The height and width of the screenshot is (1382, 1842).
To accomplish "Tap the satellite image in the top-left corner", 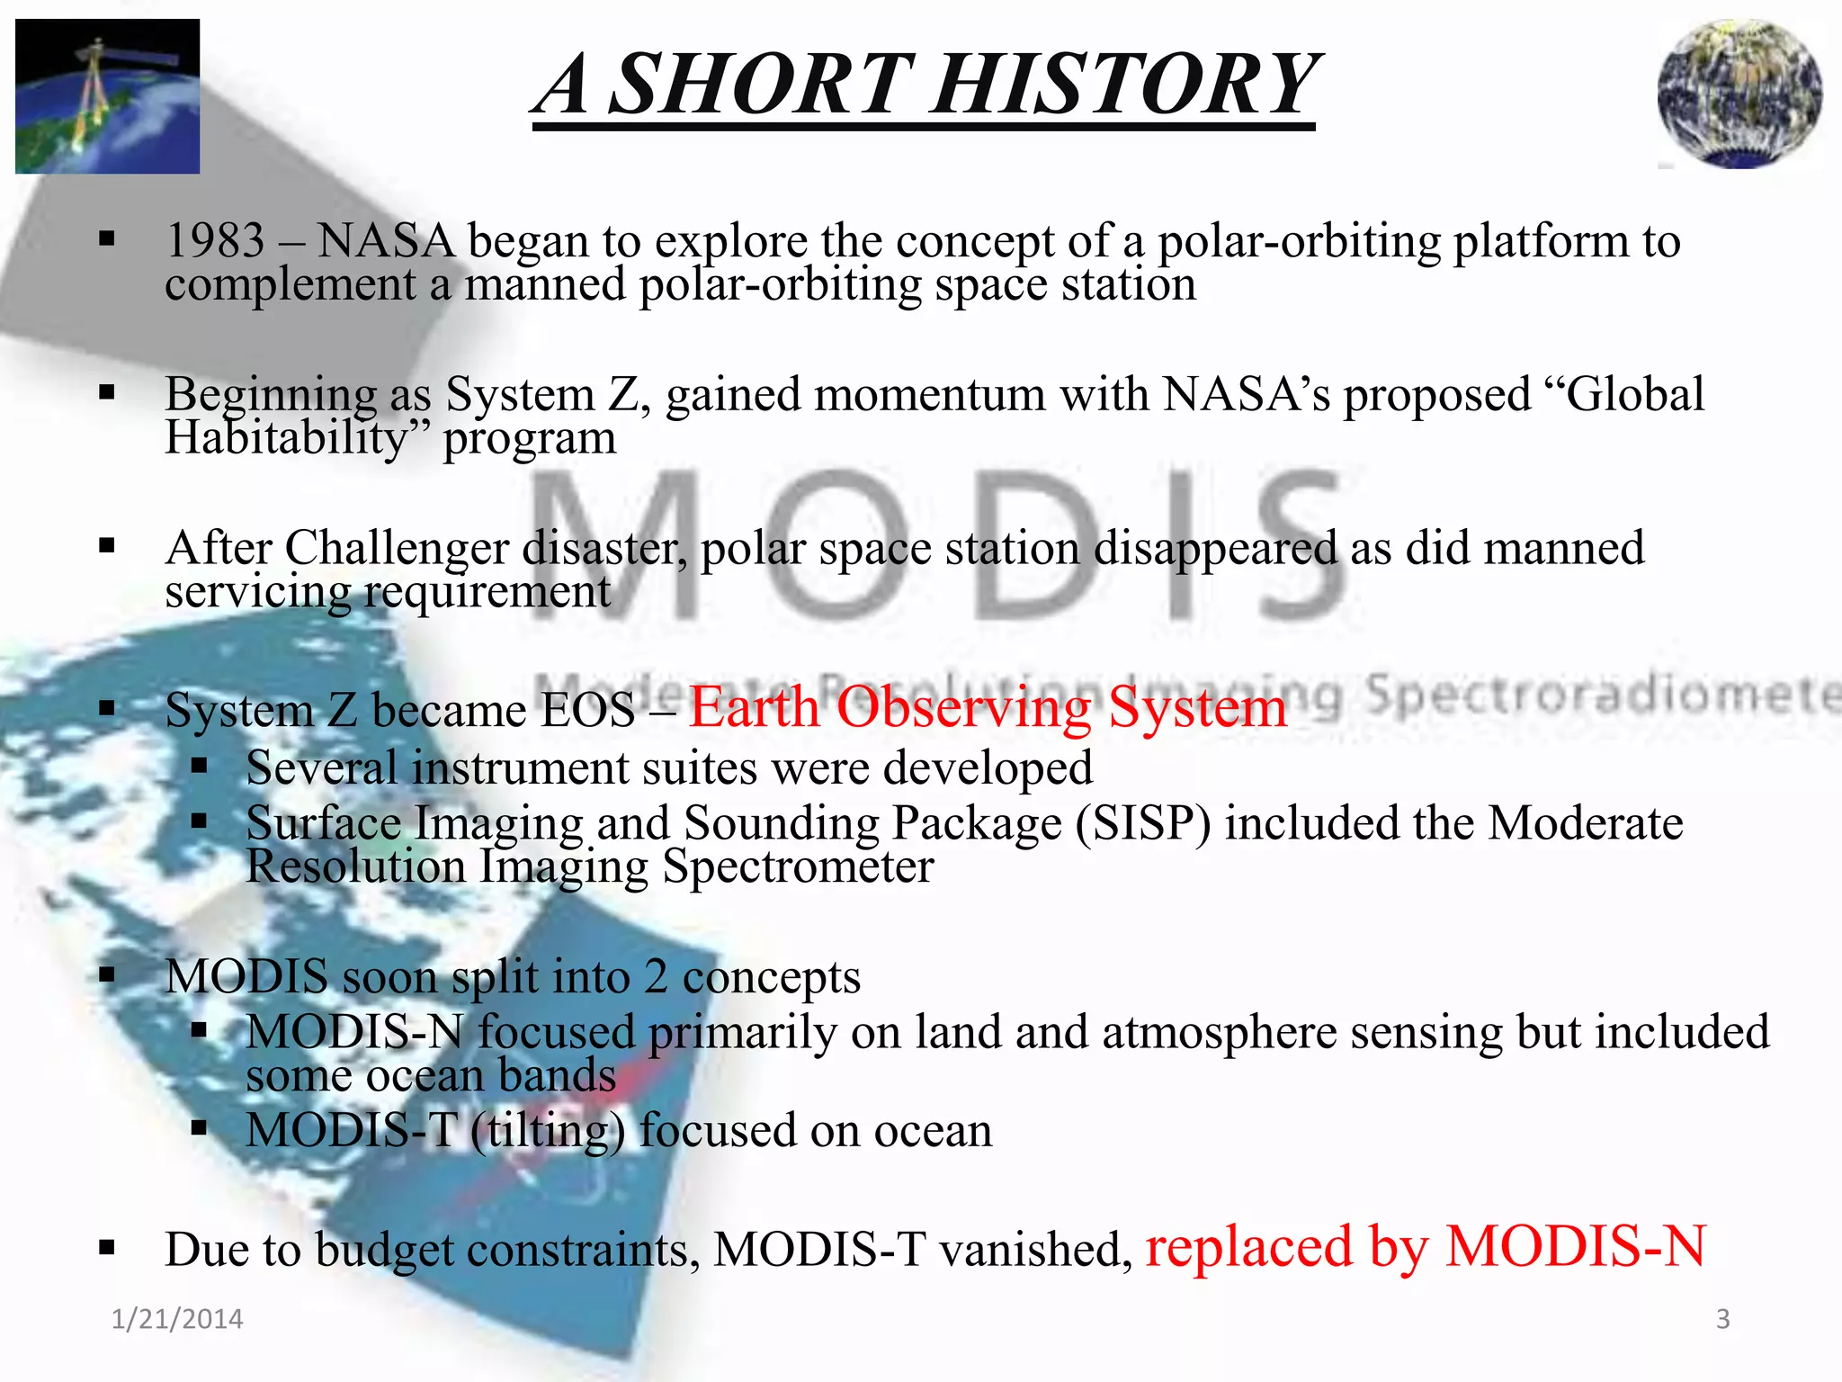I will [107, 96].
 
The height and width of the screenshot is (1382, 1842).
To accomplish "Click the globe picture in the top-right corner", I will [1739, 94].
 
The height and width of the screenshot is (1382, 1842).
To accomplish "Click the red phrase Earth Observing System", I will [988, 707].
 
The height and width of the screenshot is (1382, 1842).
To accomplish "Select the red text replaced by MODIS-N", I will [1426, 1247].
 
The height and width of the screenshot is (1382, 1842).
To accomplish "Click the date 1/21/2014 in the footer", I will [177, 1319].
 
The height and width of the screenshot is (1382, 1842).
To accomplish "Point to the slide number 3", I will [1722, 1319].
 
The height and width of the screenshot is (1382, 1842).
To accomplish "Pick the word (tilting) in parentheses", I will [548, 1131].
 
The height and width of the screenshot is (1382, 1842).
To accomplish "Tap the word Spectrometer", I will [798, 866].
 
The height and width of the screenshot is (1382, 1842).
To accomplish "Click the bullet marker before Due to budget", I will [108, 1248].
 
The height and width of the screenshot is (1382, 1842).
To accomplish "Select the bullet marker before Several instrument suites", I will [200, 767].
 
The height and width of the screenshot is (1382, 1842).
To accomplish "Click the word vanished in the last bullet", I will [1031, 1250].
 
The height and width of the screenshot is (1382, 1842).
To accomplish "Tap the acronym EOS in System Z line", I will [589, 711].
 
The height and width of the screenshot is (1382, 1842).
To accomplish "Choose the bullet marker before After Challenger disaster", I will [108, 546].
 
